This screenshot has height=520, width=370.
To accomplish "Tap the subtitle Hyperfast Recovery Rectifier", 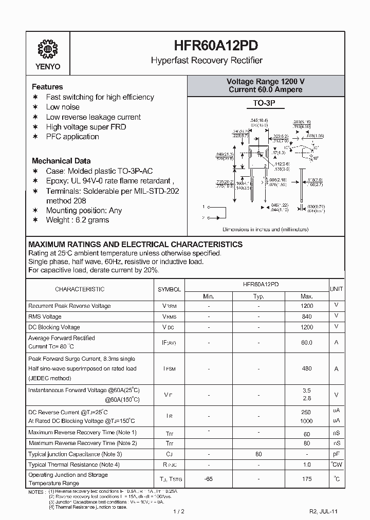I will point(207,61).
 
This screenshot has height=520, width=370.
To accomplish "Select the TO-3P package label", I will point(265,103).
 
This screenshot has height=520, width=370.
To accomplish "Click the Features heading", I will point(47,87).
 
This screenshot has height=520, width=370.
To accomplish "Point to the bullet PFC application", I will point(72,137).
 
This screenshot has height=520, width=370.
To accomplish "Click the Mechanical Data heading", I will point(61,161).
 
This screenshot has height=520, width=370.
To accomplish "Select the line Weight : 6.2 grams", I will point(78,220).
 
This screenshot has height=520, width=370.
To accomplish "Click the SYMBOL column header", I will point(169,289).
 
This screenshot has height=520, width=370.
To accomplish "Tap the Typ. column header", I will point(258,296).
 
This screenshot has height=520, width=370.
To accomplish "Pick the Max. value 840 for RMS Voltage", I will point(307,317).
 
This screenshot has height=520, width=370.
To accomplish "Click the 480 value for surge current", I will point(307,368).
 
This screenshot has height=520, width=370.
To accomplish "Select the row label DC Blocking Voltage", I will point(54,327).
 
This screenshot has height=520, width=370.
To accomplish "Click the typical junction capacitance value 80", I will point(258,454).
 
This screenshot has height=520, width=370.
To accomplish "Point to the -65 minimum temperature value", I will point(209,479).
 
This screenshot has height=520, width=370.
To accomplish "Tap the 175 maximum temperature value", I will point(307,479).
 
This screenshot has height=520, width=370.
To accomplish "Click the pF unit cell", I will point(337,454).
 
